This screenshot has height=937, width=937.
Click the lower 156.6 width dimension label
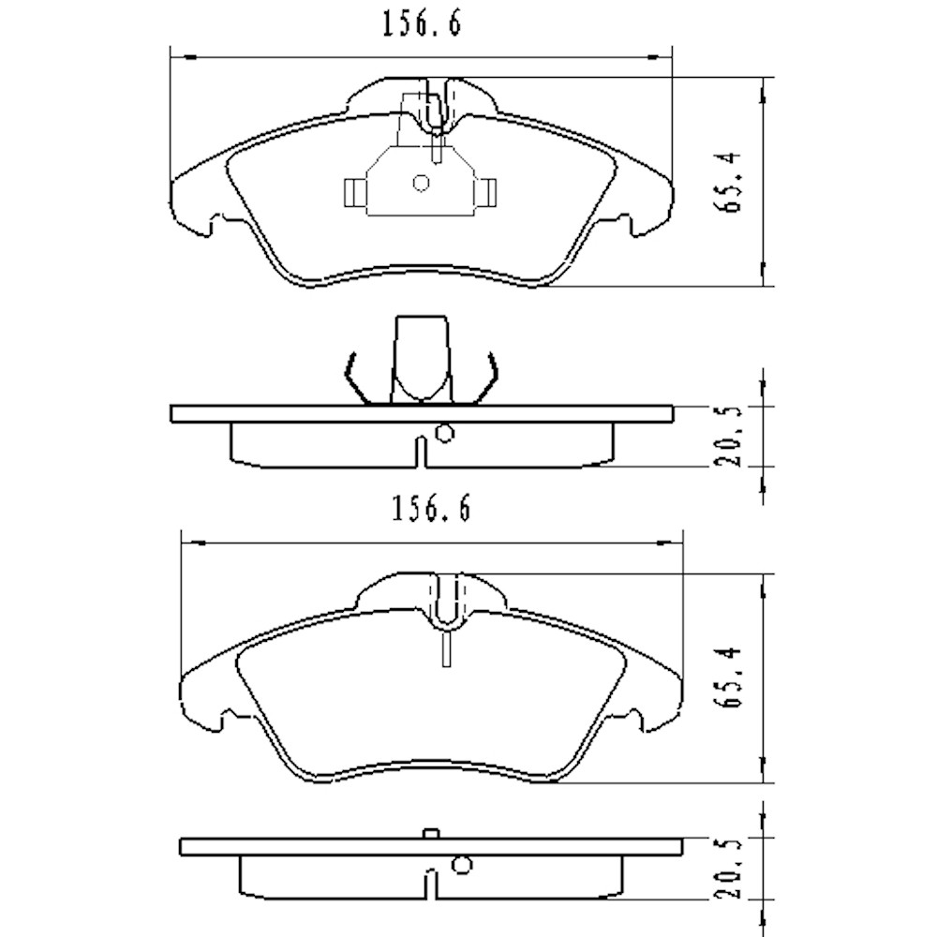(428, 511)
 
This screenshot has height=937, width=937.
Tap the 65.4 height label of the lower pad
(734, 678)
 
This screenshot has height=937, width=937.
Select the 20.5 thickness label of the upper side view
(734, 436)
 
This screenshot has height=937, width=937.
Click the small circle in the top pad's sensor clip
(421, 184)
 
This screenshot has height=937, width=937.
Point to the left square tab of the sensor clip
(355, 192)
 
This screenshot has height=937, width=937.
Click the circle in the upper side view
(445, 433)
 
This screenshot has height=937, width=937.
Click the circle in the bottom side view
(461, 866)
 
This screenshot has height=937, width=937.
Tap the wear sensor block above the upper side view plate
(423, 356)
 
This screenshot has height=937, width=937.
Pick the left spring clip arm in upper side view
(354, 379)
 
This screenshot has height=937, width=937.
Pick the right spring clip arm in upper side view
(489, 379)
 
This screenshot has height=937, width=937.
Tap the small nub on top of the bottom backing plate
(431, 833)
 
